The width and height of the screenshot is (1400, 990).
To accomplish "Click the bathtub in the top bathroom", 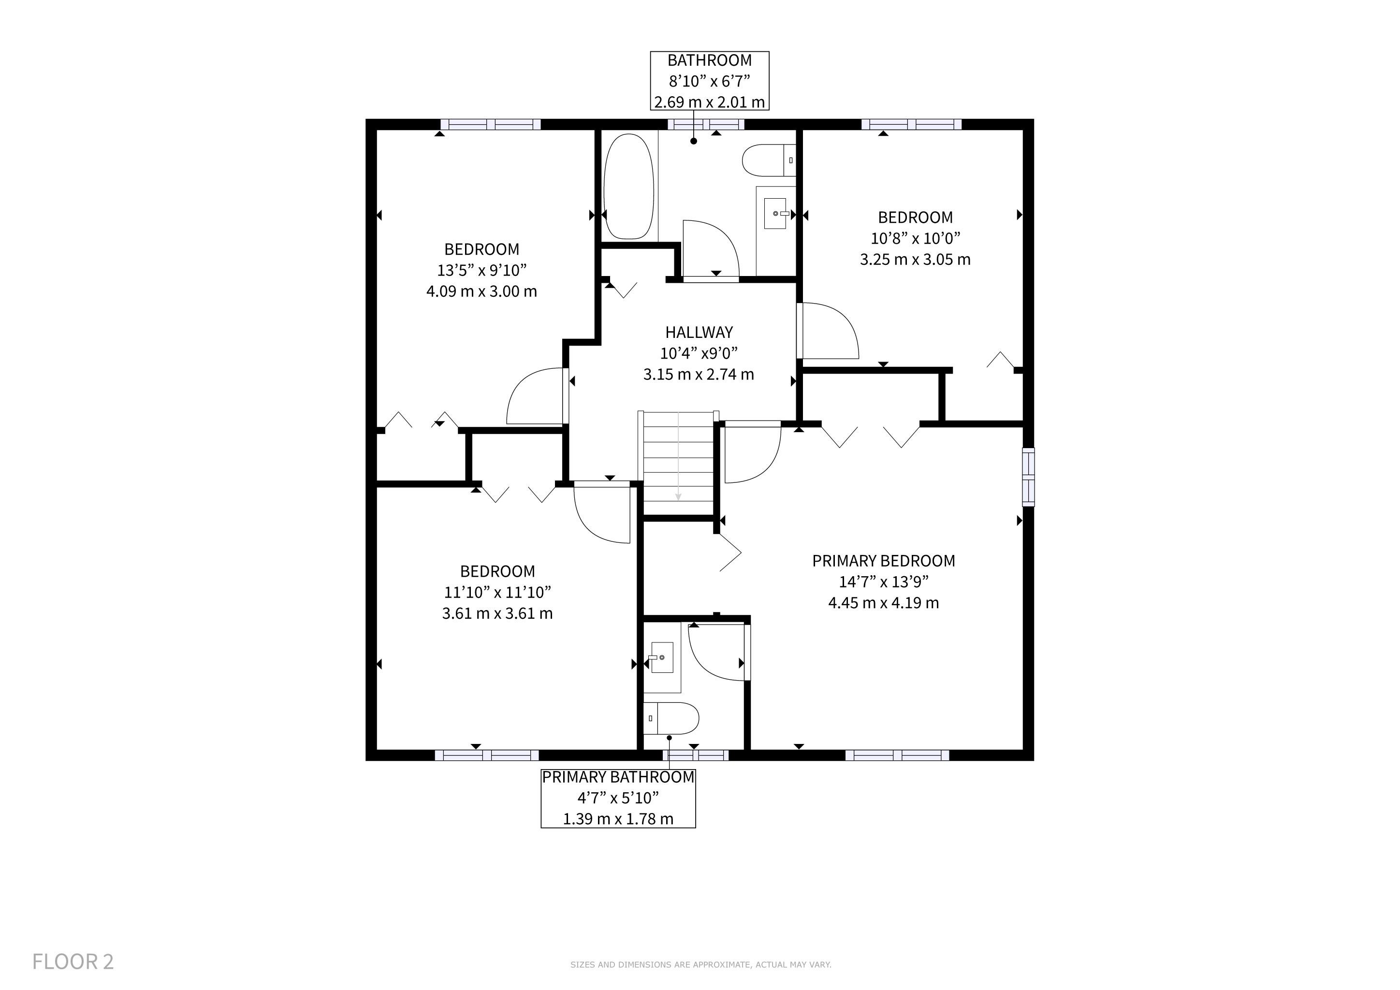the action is [x=628, y=187].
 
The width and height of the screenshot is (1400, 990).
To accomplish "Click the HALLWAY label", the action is [x=699, y=332].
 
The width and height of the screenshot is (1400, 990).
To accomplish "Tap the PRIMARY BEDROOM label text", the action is [x=884, y=561].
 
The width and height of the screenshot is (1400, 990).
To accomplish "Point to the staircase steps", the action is [x=678, y=463].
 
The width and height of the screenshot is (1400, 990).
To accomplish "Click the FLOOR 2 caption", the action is [x=73, y=961].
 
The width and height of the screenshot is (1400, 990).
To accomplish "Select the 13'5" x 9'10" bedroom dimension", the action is [x=481, y=270].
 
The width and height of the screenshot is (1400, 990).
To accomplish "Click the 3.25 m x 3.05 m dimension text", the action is [x=915, y=260].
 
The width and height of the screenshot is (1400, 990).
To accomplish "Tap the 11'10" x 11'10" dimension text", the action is [x=497, y=592].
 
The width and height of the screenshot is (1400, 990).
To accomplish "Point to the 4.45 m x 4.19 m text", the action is [x=884, y=603].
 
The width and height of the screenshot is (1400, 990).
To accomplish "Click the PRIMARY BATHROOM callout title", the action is [x=618, y=777].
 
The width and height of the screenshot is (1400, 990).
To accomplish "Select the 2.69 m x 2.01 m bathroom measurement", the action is [x=710, y=102].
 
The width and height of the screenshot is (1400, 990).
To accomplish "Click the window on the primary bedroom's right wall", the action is [x=1028, y=477].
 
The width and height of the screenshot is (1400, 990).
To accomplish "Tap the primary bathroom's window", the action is [x=696, y=755].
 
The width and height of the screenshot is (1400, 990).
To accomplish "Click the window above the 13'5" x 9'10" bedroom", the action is [x=491, y=124].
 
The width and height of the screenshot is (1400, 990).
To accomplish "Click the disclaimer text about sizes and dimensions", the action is [x=700, y=964].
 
